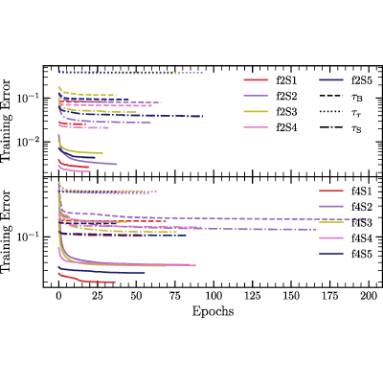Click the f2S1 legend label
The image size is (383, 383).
pos(286,80)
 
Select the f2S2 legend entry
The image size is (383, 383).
pos(286,96)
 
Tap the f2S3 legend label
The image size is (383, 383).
pos(286,112)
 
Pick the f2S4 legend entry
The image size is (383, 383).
pos(286,128)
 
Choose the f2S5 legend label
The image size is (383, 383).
pos(362,80)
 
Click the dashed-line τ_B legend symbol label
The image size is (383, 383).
pos(357,98)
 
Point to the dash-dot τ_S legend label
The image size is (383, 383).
pos(357,129)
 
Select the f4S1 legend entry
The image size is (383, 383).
pos(362,191)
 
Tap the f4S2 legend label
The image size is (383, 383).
pos(362,207)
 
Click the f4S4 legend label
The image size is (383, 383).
pos(362,238)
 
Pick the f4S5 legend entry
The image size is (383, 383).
pos(362,254)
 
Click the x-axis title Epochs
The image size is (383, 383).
pos(213,311)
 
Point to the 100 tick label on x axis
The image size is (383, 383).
pos(214,296)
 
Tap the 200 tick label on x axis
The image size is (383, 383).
pos(369,296)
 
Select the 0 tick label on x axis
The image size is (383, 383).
pos(58,296)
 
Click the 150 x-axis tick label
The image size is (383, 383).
pos(291,296)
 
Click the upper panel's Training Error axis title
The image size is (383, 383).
pos(7,121)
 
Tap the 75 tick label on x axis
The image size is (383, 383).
pos(175,296)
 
